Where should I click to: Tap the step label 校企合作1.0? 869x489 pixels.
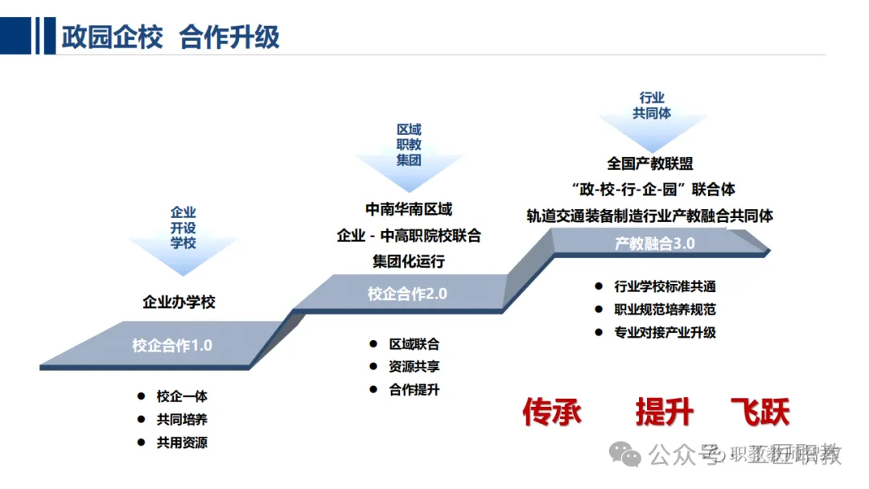[172, 346]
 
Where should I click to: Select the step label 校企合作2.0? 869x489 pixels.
[407, 294]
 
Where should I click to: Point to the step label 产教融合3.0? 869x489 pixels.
[654, 243]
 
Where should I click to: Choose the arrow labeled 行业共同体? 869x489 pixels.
[652, 108]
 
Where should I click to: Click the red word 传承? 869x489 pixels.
[551, 412]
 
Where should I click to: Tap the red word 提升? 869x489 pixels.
[664, 412]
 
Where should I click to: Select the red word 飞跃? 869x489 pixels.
[760, 412]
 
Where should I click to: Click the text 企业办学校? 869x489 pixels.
[179, 302]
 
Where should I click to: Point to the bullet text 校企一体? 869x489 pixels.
[182, 397]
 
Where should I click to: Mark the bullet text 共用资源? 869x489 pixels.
[182, 442]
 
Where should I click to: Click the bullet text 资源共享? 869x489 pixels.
[414, 367]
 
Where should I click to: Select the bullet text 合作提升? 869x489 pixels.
[414, 390]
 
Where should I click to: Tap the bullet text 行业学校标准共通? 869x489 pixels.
[665, 286]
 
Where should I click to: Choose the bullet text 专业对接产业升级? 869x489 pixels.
[665, 332]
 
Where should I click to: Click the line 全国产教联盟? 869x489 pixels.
[650, 163]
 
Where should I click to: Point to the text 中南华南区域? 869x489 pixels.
[409, 209]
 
